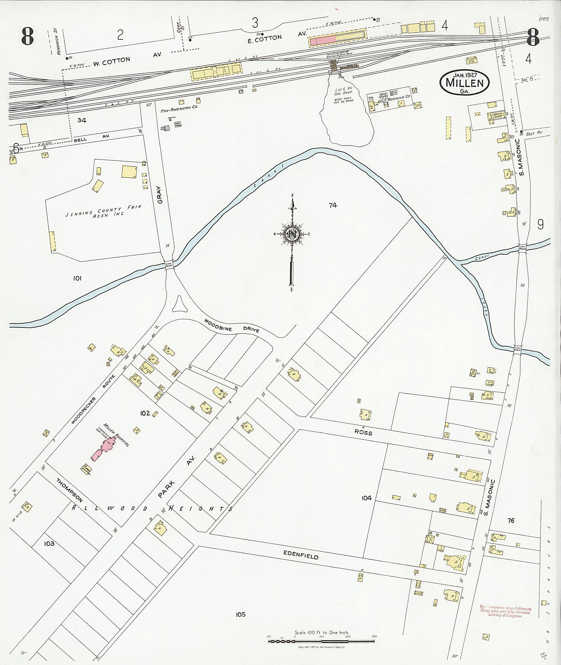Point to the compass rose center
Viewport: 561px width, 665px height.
pyautogui.click(x=291, y=234)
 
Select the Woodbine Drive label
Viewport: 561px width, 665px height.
pyautogui.click(x=232, y=326)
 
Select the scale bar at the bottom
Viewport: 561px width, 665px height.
pyautogui.click(x=322, y=641)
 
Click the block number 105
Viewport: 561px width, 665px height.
pyautogui.click(x=240, y=614)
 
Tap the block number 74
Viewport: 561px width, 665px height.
pyautogui.click(x=333, y=205)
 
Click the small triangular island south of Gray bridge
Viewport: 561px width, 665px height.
pyautogui.click(x=179, y=305)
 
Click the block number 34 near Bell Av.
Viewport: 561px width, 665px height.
pyautogui.click(x=82, y=120)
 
